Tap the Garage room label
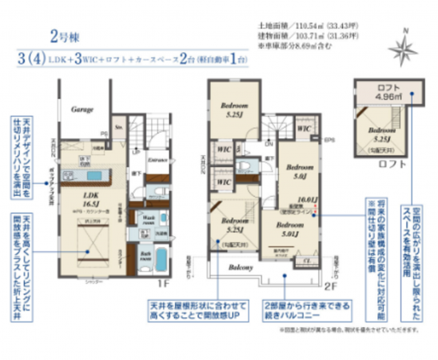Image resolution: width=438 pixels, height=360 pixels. (83, 109)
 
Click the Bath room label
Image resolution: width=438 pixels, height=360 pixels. (147, 257)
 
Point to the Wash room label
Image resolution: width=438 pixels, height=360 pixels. (149, 218)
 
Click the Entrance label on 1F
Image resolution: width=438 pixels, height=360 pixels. (158, 160)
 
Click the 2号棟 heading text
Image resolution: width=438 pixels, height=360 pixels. (64, 36)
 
